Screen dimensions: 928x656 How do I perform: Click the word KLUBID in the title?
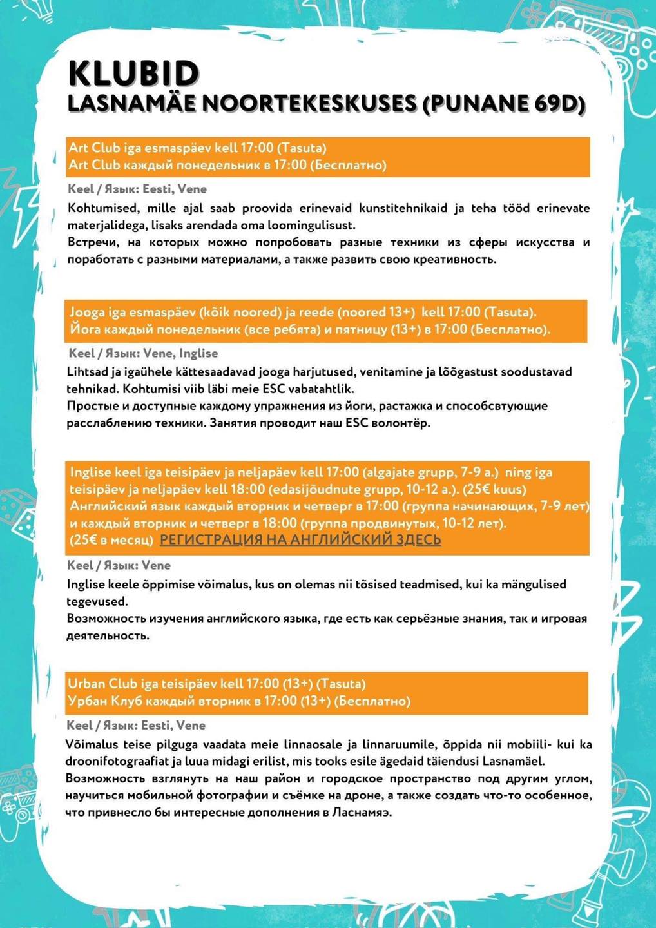tap(133, 73)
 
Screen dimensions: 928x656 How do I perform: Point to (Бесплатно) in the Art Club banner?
tap(348, 165)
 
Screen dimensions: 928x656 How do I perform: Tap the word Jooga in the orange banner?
tap(87, 313)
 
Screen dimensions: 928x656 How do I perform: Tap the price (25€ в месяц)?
tap(111, 539)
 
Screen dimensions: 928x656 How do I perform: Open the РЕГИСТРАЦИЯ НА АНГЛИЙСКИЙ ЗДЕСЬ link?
tap(300, 539)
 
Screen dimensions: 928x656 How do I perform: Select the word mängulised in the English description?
tap(527, 585)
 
